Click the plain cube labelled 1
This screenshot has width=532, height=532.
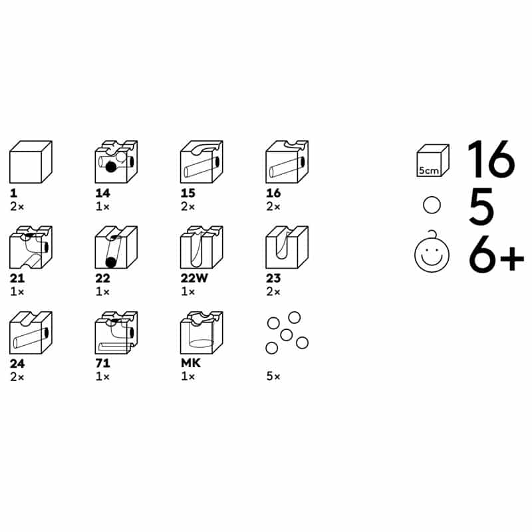pos(31,162)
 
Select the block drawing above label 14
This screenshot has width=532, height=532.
pos(116,162)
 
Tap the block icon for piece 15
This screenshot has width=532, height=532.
pos(202,162)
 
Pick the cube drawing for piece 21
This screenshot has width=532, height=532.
pos(31,247)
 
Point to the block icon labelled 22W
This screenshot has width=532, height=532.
pos(202,247)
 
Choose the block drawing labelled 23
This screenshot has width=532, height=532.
pos(287,247)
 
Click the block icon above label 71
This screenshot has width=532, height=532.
pos(116,332)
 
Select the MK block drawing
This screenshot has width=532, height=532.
pos(202,332)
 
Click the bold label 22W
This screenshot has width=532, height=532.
pos(194,278)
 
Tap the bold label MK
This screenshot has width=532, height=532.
pos(191,363)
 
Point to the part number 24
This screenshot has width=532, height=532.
pos(17,363)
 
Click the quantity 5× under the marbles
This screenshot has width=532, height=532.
pos(273,376)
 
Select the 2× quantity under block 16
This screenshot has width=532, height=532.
pos(273,206)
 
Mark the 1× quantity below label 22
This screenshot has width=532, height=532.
pos(102,291)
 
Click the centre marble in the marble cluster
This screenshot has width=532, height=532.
pos(287,335)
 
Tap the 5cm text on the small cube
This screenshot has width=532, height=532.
pos(429,170)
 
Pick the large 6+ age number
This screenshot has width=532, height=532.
pos(496,253)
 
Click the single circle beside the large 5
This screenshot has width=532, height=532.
pos(432,205)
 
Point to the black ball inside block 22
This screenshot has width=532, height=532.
pos(110,262)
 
